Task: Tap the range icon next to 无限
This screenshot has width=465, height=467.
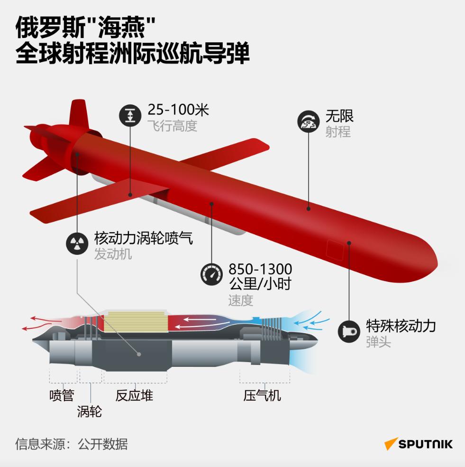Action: point(309,121)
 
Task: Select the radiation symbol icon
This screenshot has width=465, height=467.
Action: point(77,243)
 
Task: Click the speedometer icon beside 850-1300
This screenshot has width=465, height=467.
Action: point(211,275)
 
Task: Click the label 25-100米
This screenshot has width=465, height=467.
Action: point(178,111)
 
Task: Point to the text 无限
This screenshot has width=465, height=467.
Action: point(339,116)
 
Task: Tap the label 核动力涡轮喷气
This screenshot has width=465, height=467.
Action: point(143,238)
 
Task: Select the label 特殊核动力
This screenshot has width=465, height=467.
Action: point(401,326)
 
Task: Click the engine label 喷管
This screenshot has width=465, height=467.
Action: point(62,395)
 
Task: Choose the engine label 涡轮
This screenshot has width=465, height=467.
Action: point(90,411)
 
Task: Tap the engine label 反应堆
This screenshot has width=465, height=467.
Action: point(134,395)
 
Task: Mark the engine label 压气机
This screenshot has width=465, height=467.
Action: point(262,395)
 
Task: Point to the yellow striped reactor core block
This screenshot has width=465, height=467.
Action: point(136,321)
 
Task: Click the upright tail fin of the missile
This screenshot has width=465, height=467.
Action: point(78,113)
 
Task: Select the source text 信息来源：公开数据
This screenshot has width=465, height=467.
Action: point(71,444)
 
